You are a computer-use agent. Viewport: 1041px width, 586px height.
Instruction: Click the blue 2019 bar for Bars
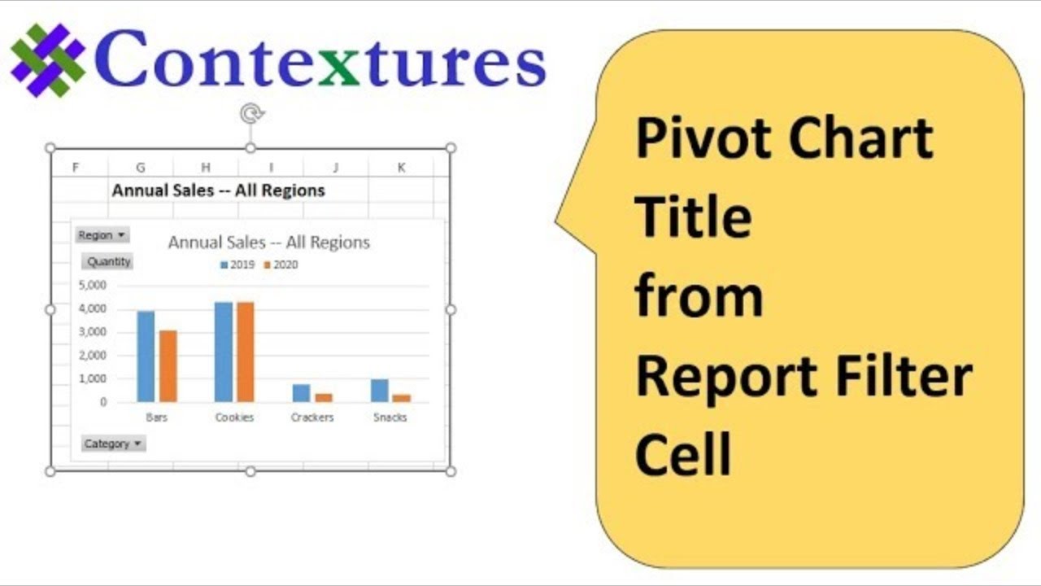pyautogui.click(x=146, y=356)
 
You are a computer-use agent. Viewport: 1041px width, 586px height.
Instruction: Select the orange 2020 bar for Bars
pyautogui.click(x=168, y=365)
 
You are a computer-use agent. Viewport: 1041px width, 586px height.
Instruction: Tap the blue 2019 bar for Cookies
pyautogui.click(x=224, y=352)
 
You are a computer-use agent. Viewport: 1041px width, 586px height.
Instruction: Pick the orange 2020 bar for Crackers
pyautogui.click(x=324, y=397)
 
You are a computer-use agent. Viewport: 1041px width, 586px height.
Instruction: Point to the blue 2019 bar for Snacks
pyautogui.click(x=380, y=391)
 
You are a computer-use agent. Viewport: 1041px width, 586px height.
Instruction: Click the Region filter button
pyautogui.click(x=102, y=235)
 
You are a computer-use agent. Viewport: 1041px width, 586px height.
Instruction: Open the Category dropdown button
pyautogui.click(x=114, y=444)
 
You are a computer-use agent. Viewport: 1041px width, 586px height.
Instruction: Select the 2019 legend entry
pyautogui.click(x=237, y=265)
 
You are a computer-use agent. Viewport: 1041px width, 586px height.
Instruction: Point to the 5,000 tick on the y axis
pyautogui.click(x=93, y=286)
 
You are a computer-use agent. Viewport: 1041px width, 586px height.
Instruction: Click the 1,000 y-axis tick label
pyautogui.click(x=93, y=379)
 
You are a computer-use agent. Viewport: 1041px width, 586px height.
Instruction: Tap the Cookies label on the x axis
pyautogui.click(x=234, y=418)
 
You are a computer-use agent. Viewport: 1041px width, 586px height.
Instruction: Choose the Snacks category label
pyautogui.click(x=390, y=418)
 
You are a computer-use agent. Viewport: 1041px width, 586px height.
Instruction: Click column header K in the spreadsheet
pyautogui.click(x=401, y=168)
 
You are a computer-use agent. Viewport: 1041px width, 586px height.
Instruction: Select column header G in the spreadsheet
pyautogui.click(x=141, y=168)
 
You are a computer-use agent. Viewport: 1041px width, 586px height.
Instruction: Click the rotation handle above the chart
pyautogui.click(x=250, y=114)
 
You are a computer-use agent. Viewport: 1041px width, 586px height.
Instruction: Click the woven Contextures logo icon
pyautogui.click(x=48, y=60)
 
